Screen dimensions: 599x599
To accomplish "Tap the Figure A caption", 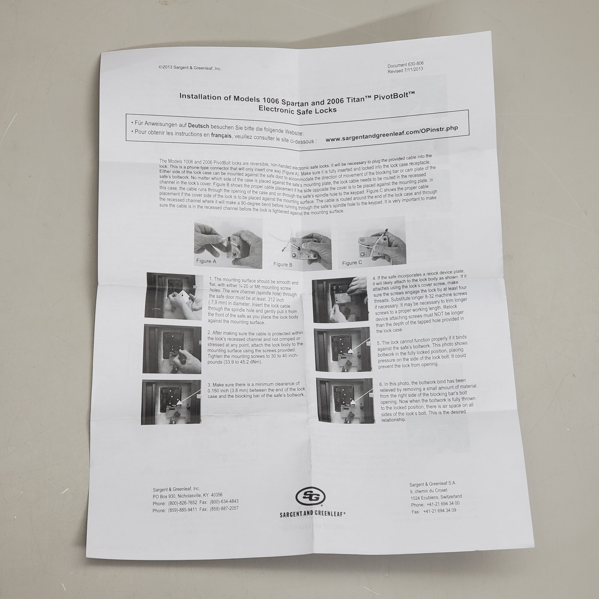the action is coord(206,261).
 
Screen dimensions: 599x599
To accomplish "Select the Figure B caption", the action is coord(283,264).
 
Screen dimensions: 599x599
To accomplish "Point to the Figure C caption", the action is coord(352,263).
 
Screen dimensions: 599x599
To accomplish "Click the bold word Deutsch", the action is coord(198,126).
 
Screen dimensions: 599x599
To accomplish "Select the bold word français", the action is coord(221,135).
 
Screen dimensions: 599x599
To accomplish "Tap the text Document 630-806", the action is coord(405,65).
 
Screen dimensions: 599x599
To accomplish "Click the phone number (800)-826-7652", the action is coord(183,503).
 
